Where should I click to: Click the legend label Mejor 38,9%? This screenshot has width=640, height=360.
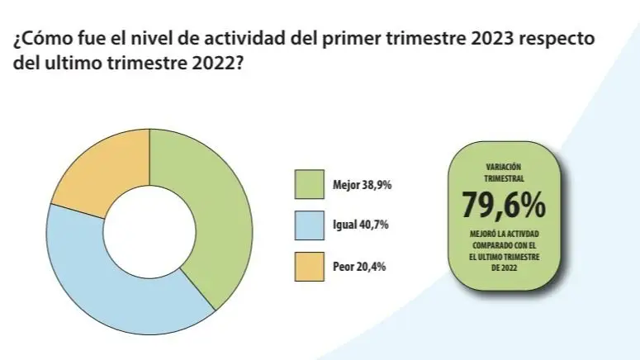tap(363, 185)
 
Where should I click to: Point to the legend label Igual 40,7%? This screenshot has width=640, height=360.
tap(361, 225)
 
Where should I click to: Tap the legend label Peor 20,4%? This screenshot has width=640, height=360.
tap(360, 266)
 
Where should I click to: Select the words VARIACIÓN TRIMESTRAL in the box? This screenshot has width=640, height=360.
tap(504, 172)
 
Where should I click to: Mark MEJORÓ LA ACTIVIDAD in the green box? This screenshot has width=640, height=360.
tap(504, 235)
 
